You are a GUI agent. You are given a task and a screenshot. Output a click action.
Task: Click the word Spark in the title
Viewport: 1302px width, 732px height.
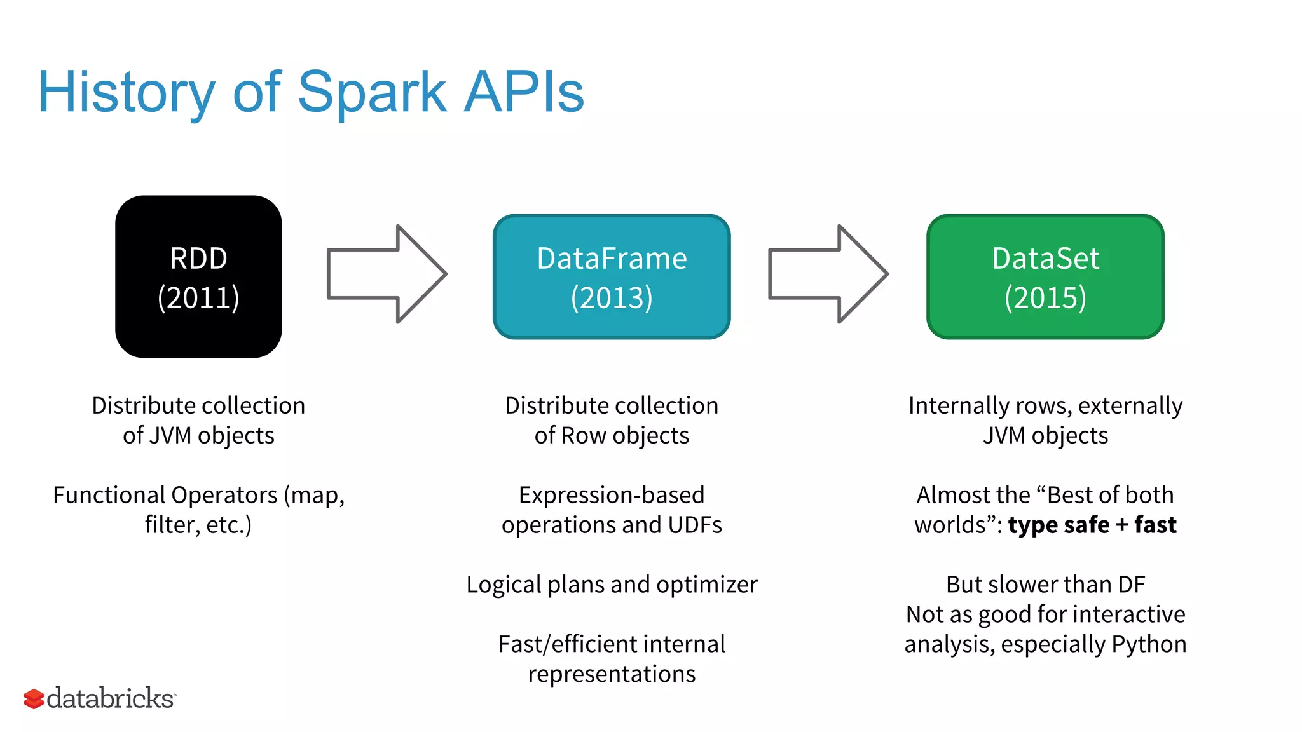[x=372, y=93]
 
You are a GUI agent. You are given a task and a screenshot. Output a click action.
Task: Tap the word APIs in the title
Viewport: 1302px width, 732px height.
[x=524, y=93]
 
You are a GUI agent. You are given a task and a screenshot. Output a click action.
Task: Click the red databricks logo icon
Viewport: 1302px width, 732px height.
[x=34, y=699]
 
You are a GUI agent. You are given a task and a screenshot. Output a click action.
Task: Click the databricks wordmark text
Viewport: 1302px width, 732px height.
[x=111, y=698]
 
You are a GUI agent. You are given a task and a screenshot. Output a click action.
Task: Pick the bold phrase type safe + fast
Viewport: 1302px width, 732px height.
[x=1092, y=525]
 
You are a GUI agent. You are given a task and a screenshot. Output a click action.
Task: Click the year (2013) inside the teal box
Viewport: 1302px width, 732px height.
[x=612, y=298]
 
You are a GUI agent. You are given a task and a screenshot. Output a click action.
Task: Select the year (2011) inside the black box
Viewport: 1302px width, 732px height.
[x=198, y=298]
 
